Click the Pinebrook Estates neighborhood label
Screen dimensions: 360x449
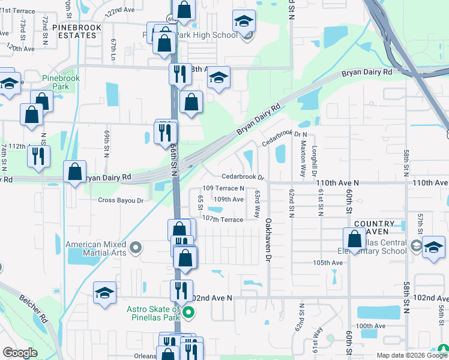pos(74,31)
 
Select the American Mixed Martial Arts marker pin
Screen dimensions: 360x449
pos(136,247)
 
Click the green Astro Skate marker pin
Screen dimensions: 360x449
pos(188,311)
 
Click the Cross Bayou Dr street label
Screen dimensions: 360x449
pos(121,200)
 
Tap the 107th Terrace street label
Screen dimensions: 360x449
pos(222,220)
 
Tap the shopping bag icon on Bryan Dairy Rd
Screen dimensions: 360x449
pos(75,172)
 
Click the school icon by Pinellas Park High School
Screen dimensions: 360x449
pos(244,22)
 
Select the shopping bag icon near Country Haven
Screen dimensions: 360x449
pos(355,239)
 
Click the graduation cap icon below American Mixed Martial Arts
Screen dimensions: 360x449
pos(105,293)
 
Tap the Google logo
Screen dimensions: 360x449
pos(20,353)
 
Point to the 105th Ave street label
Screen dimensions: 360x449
pos(328,263)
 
